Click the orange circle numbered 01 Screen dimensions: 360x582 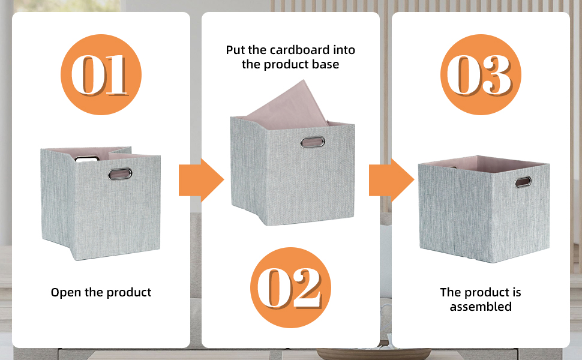[x=101, y=75]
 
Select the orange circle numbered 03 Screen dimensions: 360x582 [x=481, y=75]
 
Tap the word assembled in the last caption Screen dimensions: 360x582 [x=481, y=307]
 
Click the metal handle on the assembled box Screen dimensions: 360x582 [x=523, y=181]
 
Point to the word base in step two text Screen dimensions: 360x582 [x=325, y=64]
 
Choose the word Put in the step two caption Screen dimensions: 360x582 [x=235, y=50]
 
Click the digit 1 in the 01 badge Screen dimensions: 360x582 [x=116, y=76]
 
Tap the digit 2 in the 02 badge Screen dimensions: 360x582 [x=305, y=288]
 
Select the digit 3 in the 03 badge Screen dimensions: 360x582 [x=496, y=76]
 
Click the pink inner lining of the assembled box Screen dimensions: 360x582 [x=480, y=163]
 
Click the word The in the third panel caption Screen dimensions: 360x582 [x=451, y=292]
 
